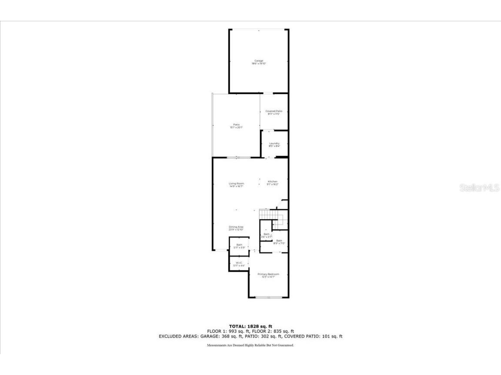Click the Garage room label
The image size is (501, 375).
(259, 60)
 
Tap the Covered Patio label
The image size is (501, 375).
(274, 111)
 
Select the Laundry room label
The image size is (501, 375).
(274, 143)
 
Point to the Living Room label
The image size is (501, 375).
(236, 184)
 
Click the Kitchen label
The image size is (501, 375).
(272, 181)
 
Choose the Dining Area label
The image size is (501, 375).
(236, 227)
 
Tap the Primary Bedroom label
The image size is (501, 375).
(268, 274)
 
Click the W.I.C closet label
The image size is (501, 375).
(239, 263)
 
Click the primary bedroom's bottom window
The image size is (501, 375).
(268, 297)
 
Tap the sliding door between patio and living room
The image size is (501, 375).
(237, 157)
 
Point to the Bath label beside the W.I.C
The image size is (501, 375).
(239, 245)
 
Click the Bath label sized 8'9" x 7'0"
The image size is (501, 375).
(279, 240)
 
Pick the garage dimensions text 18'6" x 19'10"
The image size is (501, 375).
(259, 64)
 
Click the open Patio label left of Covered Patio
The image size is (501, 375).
(236, 125)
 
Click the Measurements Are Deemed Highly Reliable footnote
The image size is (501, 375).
(250, 345)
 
